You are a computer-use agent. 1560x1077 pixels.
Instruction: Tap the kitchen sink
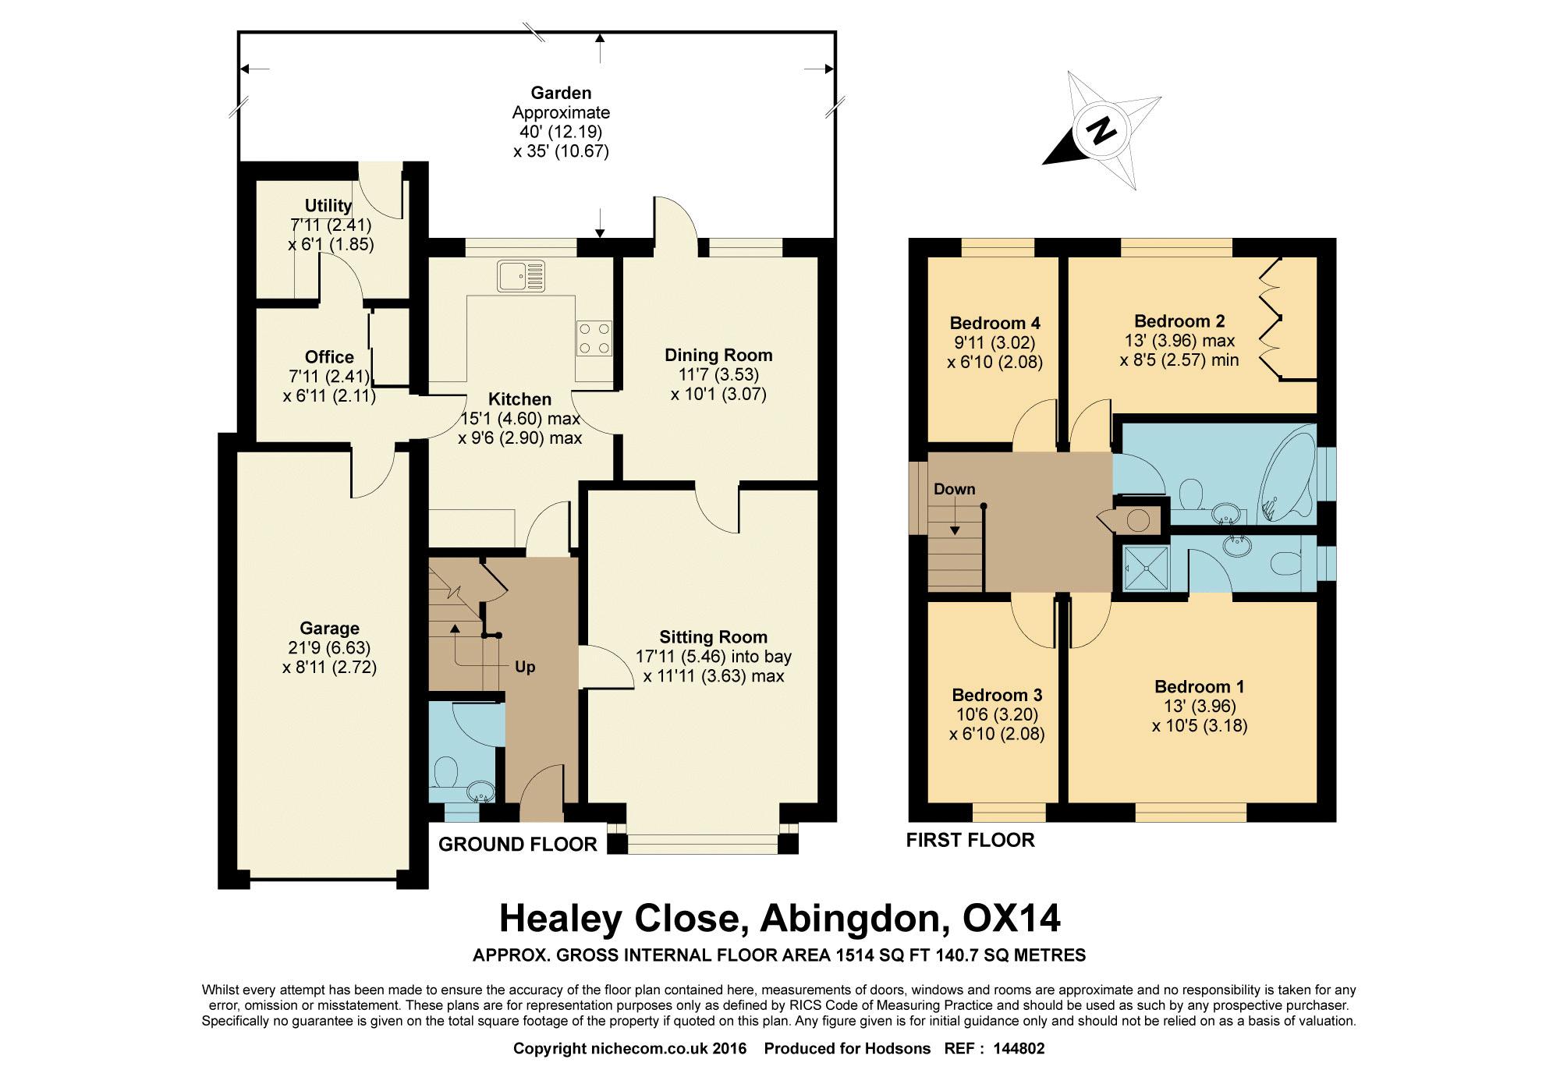[x=522, y=276]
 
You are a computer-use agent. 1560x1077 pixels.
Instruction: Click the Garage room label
[x=329, y=629]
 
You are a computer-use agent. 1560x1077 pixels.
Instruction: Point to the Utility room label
[x=328, y=205]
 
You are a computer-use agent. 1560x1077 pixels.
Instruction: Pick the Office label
[x=329, y=357]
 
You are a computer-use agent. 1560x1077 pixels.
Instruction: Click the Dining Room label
[x=718, y=356]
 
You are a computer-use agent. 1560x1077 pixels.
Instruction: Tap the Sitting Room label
[x=713, y=637]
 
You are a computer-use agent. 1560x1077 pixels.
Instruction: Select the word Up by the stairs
[x=525, y=668]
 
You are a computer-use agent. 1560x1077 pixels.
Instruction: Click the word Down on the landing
[x=955, y=489]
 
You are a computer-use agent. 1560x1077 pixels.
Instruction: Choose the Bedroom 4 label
[x=994, y=323]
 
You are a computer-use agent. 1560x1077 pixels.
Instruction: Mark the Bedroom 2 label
[x=1179, y=321]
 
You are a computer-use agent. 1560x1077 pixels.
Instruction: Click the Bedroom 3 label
[x=997, y=695]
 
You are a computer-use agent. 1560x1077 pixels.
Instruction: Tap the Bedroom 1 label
[x=1199, y=687]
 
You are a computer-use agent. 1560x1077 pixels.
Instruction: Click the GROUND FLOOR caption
[x=518, y=844]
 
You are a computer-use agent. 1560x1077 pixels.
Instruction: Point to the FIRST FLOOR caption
[x=970, y=840]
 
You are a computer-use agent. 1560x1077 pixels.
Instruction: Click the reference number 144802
[x=1019, y=1049]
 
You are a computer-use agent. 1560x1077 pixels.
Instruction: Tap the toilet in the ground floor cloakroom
[x=447, y=772]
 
